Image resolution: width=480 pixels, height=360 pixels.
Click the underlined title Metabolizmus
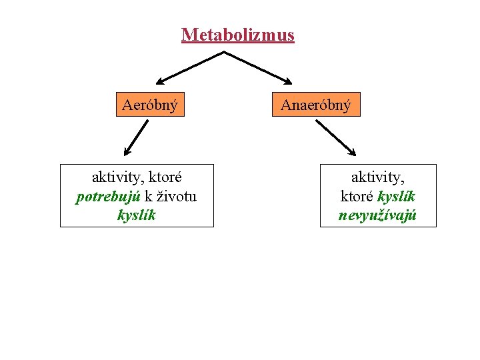237,35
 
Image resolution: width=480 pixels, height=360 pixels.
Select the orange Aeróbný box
150,105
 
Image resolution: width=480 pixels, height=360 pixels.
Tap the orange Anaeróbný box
315,105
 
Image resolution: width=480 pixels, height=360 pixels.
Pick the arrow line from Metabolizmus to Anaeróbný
257,67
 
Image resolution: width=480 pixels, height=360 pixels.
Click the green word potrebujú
108,197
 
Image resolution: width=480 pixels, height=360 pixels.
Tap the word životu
175,197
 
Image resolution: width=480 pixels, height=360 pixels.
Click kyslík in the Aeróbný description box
137,215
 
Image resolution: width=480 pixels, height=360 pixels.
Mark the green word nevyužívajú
378,215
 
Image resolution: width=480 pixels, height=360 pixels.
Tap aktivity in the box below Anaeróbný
378,178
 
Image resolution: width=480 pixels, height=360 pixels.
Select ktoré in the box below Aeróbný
164,178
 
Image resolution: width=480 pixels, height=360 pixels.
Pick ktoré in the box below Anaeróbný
357,197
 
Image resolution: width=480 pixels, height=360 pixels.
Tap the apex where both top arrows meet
223,52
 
